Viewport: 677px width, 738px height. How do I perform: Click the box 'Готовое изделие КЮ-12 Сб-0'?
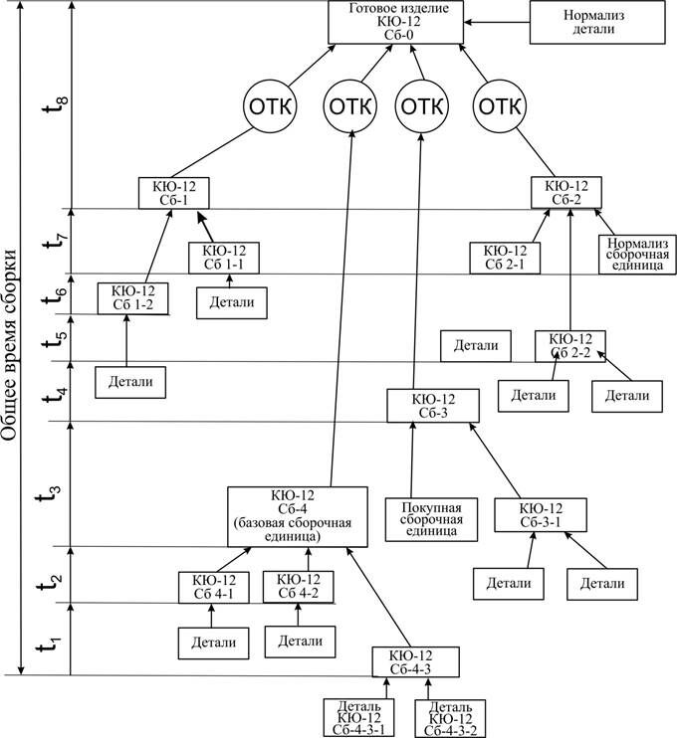397,22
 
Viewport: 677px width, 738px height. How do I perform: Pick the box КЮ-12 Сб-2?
566,193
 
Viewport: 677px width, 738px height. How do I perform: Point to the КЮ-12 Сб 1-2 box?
132,298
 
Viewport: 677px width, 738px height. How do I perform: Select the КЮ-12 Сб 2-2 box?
570,346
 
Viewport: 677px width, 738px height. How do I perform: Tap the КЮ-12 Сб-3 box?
433,406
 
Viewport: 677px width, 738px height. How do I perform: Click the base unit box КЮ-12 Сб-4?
293,515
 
